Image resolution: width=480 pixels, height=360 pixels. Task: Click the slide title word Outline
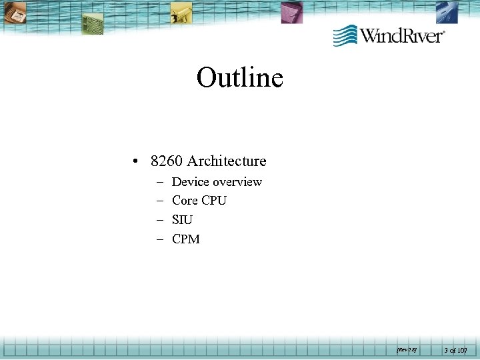tap(240, 78)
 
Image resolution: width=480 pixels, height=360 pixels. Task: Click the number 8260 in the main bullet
tap(167, 161)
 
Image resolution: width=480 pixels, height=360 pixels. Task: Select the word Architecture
tap(227, 161)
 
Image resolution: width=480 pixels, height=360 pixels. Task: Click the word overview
tap(237, 182)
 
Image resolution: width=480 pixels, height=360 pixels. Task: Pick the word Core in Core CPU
tap(185, 201)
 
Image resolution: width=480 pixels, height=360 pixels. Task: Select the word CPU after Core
tap(214, 201)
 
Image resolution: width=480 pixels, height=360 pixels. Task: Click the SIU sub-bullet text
tap(182, 220)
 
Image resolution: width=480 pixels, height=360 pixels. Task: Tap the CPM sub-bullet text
tap(185, 239)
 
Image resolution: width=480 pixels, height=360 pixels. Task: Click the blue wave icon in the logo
tap(345, 35)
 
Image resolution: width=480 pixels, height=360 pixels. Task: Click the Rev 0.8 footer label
tap(405, 348)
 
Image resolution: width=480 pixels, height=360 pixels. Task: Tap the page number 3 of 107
tap(457, 349)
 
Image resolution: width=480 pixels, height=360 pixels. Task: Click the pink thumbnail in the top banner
tap(291, 12)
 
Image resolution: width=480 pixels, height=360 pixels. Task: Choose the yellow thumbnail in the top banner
tap(181, 11)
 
